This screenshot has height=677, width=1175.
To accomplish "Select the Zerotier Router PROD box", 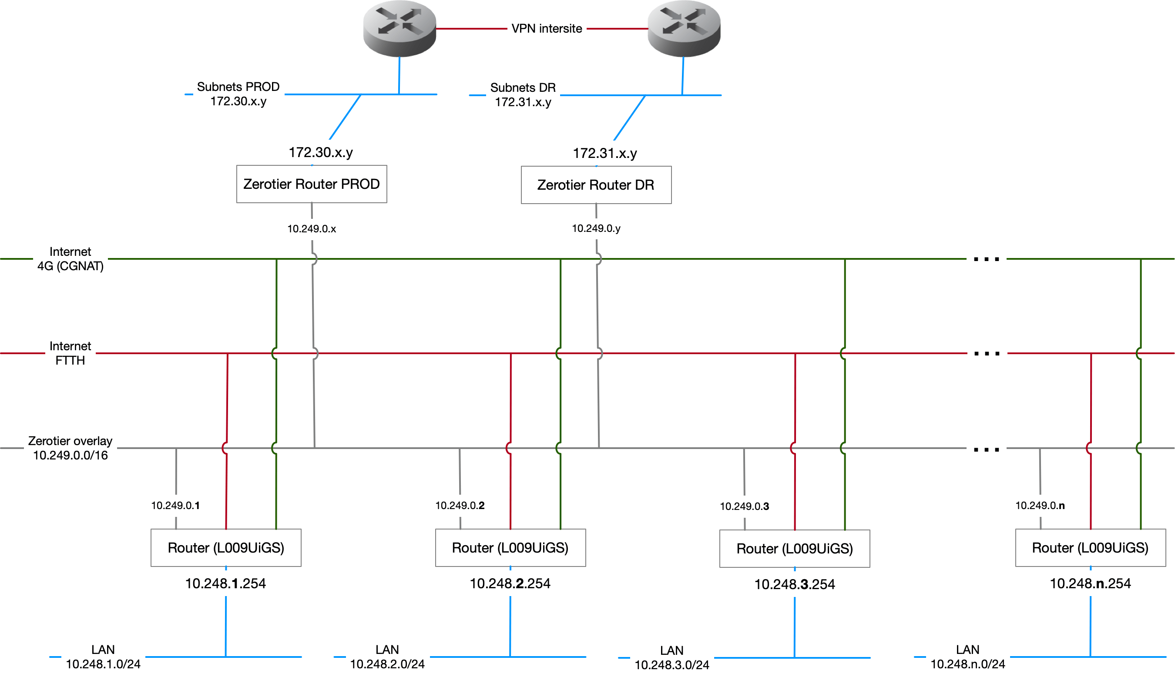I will coord(312,184).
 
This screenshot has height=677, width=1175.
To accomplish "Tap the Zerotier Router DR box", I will coord(596,185).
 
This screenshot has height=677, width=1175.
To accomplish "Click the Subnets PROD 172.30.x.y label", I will coord(238,94).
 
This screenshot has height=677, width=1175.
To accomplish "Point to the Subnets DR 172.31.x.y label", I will coord(523,95).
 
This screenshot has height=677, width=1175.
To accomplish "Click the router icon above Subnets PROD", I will coord(399,28).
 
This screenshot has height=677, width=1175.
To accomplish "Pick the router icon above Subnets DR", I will coord(684,28).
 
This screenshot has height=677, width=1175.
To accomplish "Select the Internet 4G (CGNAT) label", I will coord(70,259).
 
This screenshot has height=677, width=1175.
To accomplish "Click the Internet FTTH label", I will coord(70,353).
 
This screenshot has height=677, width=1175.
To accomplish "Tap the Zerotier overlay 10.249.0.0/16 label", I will coord(70,448).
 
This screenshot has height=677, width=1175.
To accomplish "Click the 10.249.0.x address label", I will coord(312,229).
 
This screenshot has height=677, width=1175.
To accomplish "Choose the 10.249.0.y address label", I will coord(596,229).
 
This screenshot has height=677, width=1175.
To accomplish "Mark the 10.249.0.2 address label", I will coord(460,506).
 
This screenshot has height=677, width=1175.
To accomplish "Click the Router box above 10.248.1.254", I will coord(226,548).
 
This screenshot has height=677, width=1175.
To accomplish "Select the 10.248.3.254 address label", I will coord(794,584).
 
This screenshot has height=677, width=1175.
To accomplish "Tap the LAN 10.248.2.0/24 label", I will coord(387,657).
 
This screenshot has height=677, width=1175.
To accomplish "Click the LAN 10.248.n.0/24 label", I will coord(967,657).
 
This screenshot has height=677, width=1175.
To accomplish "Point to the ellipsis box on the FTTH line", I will coord(987,345).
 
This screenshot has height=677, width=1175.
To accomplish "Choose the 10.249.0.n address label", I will coord(1040,506).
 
